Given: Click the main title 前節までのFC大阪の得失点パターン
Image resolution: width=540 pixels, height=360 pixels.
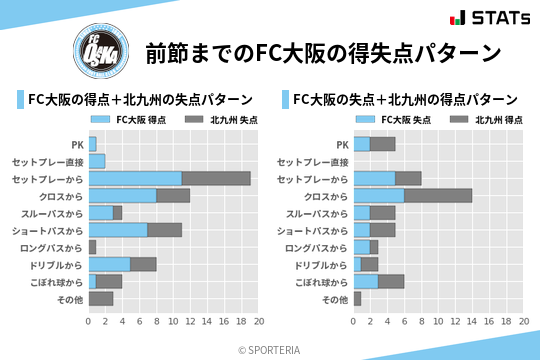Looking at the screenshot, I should point(322,53).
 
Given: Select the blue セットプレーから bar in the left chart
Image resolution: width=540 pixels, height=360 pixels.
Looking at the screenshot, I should point(135,178).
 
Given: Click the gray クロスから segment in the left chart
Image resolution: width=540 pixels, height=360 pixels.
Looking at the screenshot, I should point(173,195).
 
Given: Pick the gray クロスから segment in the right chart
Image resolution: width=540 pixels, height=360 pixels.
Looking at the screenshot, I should point(438,195).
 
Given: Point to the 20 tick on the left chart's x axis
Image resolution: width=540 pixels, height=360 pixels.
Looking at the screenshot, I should point(258,322).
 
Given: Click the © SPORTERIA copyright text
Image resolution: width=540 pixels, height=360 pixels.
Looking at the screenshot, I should point(270,349).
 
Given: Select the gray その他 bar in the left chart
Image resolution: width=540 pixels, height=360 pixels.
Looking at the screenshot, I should point(100,298).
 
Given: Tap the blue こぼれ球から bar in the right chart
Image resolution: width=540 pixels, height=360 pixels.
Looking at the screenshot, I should point(365,281).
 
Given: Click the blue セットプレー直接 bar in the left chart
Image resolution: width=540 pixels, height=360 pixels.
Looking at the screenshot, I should point(96,161).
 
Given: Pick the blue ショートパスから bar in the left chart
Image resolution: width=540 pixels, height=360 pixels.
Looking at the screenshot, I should point(118,230).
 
